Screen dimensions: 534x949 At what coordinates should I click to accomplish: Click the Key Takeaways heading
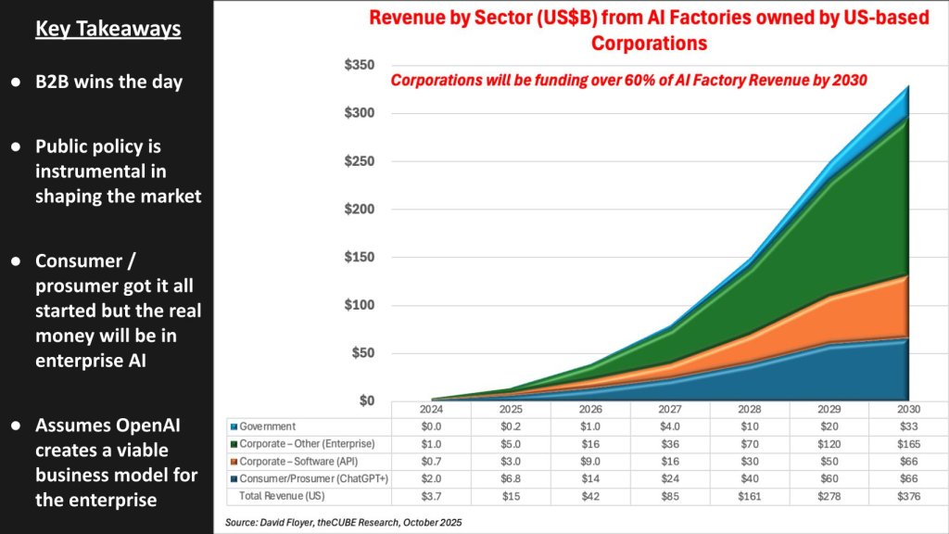tap(108, 29)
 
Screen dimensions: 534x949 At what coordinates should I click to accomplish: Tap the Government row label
tap(269, 426)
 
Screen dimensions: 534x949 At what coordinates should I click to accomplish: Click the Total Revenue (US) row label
tap(277, 497)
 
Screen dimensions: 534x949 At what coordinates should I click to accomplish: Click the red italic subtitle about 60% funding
tap(628, 80)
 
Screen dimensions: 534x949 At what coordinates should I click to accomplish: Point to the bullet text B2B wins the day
tap(108, 82)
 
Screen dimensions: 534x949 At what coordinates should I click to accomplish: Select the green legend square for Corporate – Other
tap(234, 445)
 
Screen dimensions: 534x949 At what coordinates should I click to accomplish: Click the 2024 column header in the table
tap(432, 409)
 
